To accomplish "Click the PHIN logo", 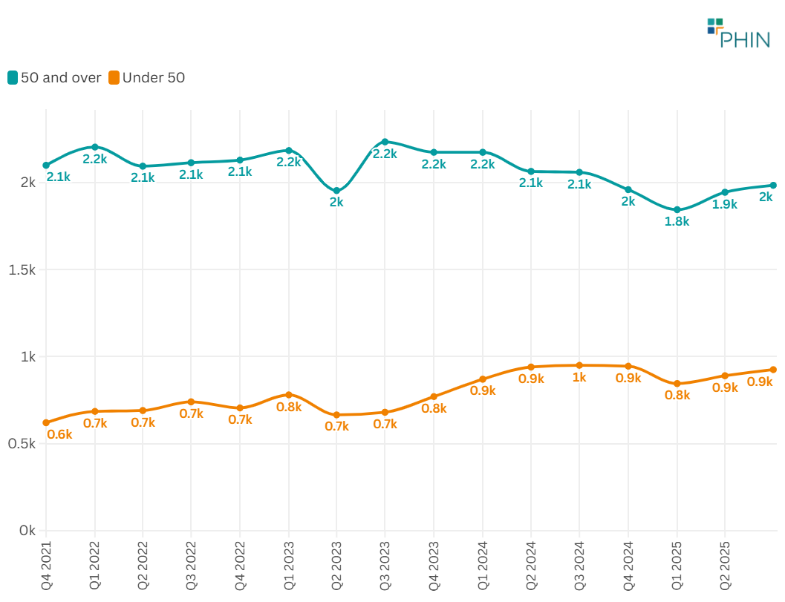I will [738, 33].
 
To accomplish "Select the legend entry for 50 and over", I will [54, 77].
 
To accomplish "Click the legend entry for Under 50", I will [147, 77].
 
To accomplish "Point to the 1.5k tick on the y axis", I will [22, 269].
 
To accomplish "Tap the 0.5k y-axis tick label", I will [22, 444].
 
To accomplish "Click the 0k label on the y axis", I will [27, 531].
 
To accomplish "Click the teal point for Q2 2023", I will [336, 191].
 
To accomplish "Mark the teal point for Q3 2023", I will [385, 141].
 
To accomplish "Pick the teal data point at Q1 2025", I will [677, 210].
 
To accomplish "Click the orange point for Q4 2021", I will [46, 422].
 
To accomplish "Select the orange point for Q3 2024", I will [579, 365].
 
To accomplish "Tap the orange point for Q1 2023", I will [289, 395].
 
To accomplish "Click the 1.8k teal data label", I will [677, 221].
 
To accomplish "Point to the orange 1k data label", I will [579, 377].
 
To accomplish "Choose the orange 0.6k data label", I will [59, 434].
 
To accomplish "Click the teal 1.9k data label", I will [725, 204].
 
